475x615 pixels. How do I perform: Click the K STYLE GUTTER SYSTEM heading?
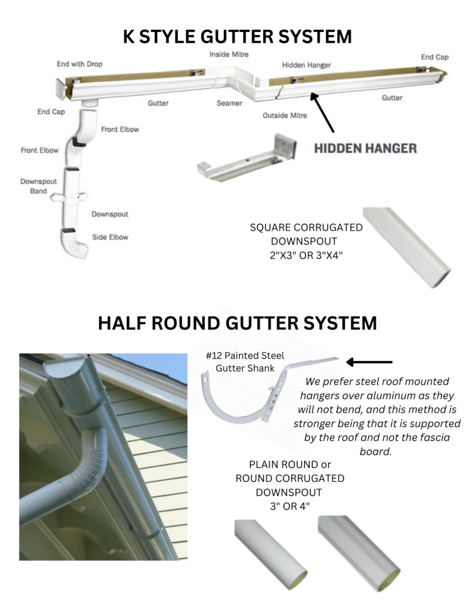click(237, 36)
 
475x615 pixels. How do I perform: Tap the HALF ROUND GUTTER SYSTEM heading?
click(237, 323)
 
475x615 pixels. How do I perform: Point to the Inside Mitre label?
click(229, 54)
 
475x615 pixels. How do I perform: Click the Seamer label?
click(229, 103)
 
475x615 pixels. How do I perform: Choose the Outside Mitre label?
click(285, 115)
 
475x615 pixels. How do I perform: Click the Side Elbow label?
click(110, 237)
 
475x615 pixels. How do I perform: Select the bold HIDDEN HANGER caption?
click(365, 148)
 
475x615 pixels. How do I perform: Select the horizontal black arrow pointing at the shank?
click(369, 362)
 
